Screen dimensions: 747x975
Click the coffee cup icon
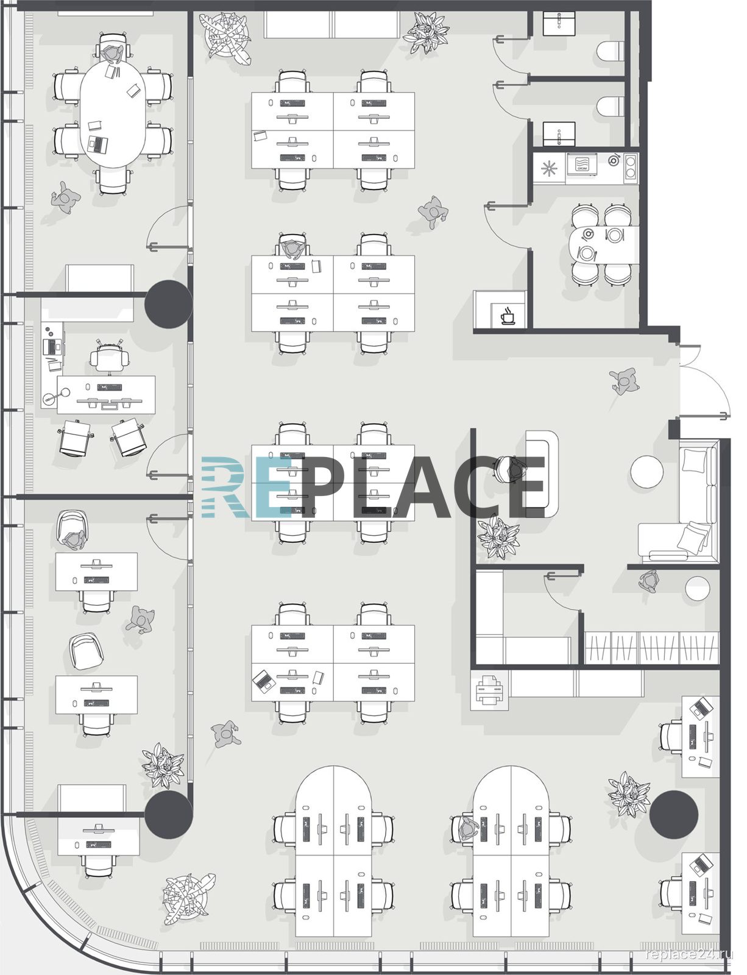point(508,315)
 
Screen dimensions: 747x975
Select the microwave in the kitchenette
point(581,165)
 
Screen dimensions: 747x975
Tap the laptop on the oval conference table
point(98,144)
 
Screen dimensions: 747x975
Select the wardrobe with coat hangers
point(651,647)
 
